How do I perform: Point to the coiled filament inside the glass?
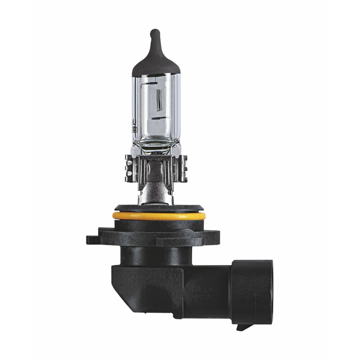click(x=157, y=102)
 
